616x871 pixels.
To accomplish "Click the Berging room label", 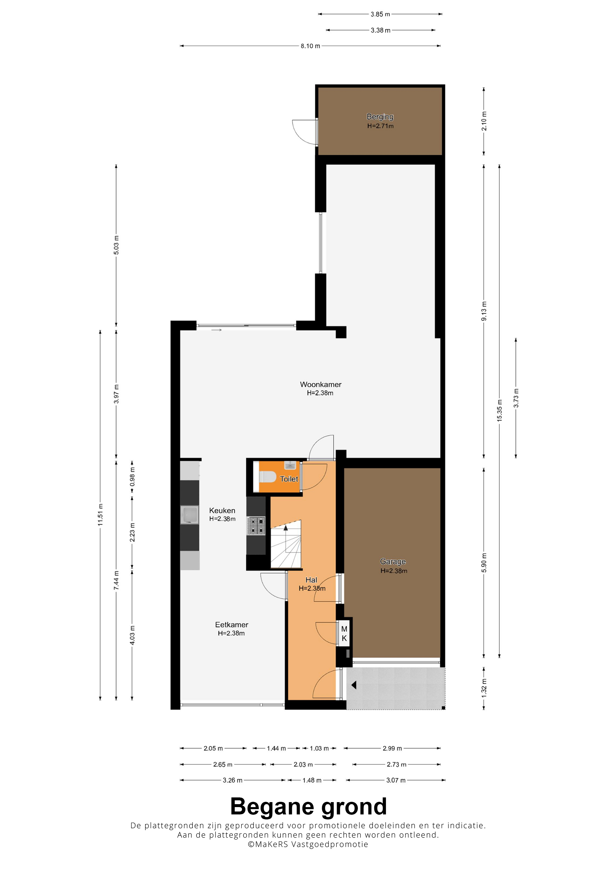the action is click(x=380, y=117).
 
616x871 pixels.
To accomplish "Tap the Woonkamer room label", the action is click(x=321, y=384).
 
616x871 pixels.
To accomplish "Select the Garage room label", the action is click(x=393, y=561).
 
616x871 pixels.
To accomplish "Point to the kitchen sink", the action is click(x=189, y=515).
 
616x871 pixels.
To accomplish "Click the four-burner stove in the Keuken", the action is click(x=256, y=526).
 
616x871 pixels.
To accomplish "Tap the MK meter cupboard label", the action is click(x=344, y=634).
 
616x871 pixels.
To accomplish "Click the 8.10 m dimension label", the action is click(x=310, y=46).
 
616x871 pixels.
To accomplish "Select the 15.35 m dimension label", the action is click(x=500, y=410).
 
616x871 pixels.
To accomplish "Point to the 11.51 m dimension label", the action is click(x=100, y=515).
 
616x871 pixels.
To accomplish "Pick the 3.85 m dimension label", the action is click(x=380, y=14).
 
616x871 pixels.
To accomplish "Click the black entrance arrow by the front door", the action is click(x=354, y=685).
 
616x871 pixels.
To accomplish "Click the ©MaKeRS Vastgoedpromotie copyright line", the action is click(x=308, y=844).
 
